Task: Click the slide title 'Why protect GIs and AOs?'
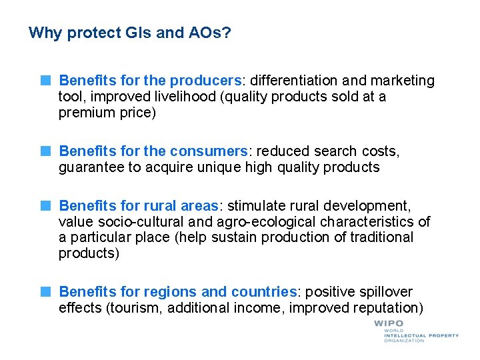pyautogui.click(x=131, y=33)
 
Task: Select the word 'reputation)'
pyautogui.click(x=386, y=308)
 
